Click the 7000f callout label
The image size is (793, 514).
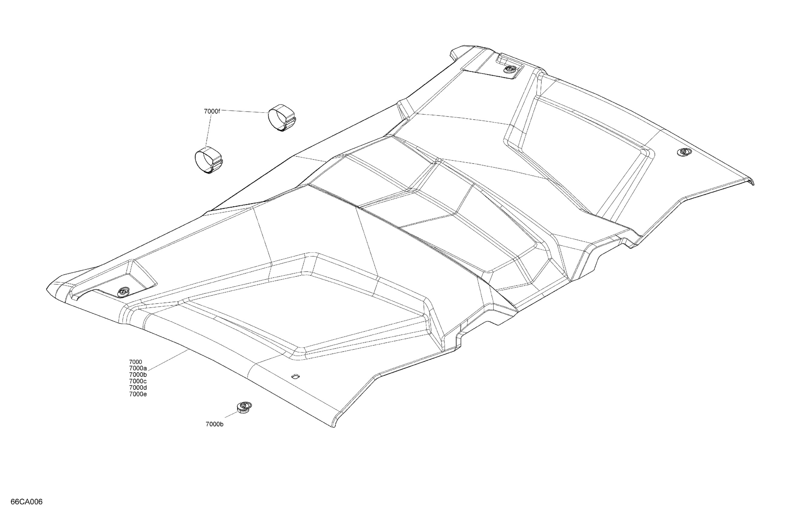(212, 111)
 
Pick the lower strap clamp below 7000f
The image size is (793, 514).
(209, 161)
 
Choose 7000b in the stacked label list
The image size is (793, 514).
(138, 375)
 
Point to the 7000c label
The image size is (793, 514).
(138, 381)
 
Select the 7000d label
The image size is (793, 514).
(138, 388)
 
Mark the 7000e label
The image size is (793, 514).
(138, 394)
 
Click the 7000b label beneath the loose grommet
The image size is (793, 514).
(214, 424)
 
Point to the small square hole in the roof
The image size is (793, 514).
(295, 376)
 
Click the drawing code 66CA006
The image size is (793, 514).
(27, 502)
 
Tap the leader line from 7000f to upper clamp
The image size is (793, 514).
(245, 112)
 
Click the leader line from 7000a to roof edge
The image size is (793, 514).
(167, 360)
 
